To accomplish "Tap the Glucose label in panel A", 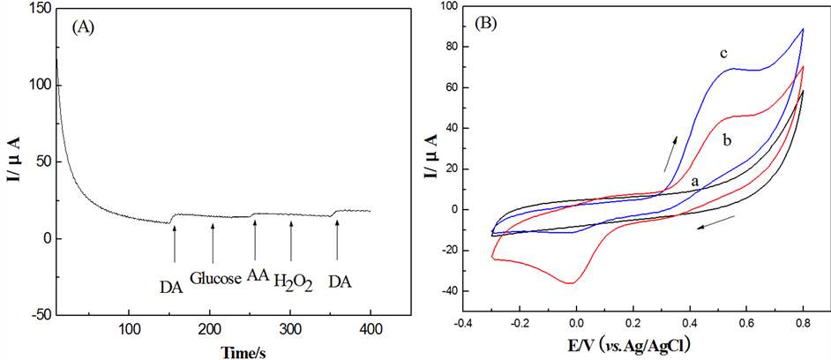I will [215, 278].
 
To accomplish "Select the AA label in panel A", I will [257, 275].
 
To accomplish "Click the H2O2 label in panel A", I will [293, 281].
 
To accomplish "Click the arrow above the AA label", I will [254, 239].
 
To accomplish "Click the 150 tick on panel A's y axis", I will [38, 8].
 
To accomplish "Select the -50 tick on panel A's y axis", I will [36, 315].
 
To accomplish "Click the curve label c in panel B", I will [722, 54].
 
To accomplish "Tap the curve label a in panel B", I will [695, 181].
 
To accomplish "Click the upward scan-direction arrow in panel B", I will [672, 149].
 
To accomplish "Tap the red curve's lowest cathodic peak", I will [572, 283].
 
